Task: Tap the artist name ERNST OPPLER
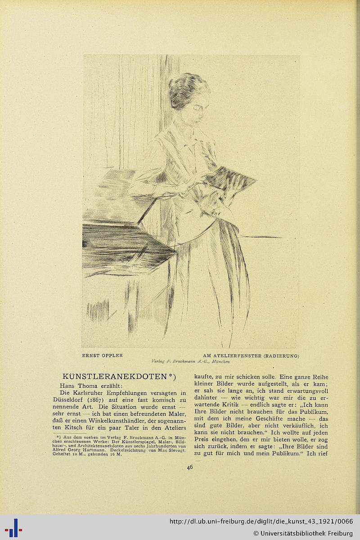(102, 355)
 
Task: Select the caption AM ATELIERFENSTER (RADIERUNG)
(251, 355)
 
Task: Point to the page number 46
(190, 467)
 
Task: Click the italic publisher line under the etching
(191, 361)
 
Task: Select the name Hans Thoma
(76, 386)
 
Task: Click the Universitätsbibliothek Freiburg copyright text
(303, 533)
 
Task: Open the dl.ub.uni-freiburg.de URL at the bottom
(261, 522)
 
